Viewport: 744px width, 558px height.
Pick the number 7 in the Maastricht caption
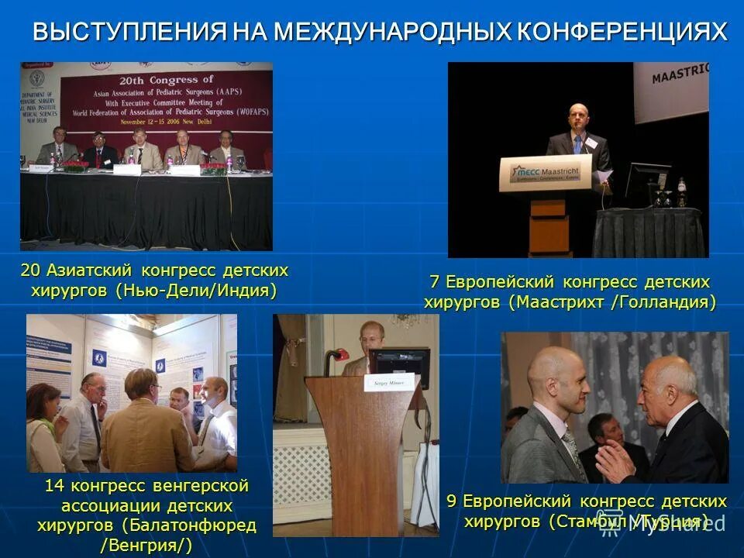pyautogui.click(x=435, y=281)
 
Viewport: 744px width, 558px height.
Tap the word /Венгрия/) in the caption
pyautogui.click(x=146, y=545)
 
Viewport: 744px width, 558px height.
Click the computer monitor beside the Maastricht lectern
pyautogui.click(x=647, y=183)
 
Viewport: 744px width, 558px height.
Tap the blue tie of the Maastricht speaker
pyautogui.click(x=577, y=144)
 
